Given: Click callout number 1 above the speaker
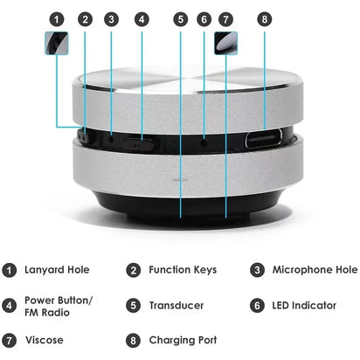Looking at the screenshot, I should (57, 18).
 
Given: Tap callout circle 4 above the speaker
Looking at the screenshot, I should (142, 18).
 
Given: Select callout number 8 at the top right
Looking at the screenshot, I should (266, 18).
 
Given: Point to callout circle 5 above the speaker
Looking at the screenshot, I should (180, 18).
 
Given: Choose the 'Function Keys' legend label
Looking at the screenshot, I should (183, 270).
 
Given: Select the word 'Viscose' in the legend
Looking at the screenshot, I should (45, 339).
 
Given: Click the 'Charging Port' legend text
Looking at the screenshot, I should (183, 339).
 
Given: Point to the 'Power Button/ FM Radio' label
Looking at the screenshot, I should (58, 305).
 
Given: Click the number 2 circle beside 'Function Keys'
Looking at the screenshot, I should (134, 270).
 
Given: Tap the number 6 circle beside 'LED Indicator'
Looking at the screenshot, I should (258, 305).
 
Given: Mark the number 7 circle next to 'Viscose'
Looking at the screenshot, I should (10, 339).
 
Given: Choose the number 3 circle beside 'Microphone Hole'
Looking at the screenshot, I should (258, 270).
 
